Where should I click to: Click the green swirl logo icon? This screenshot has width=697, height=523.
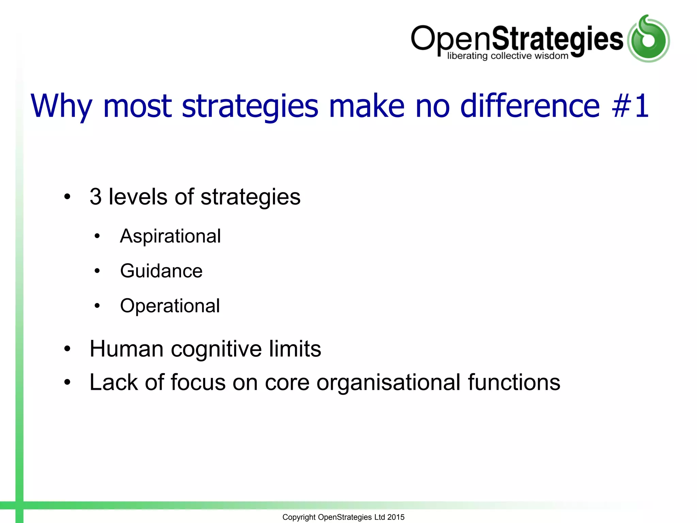pos(648,39)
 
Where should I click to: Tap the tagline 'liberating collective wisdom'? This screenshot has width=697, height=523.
pos(507,56)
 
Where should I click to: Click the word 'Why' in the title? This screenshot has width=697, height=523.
pos(61,107)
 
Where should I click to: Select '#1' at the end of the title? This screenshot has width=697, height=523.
pos(630,106)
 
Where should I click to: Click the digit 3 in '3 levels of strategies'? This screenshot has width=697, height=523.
pos(96,197)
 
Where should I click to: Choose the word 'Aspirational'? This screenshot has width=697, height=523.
pos(171,236)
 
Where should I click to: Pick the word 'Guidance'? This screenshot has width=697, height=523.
pos(161,271)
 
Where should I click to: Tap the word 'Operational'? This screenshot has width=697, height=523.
pos(170,306)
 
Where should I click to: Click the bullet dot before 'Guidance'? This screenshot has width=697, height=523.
pos(97,271)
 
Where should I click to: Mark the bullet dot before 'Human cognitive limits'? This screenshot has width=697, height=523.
pos(67,349)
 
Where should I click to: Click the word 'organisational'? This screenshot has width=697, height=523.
pos(388,382)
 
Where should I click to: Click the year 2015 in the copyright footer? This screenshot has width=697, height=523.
pos(396,517)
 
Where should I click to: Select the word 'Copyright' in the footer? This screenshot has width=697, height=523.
pos(299,517)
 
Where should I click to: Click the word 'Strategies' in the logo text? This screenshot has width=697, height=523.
pos(557,39)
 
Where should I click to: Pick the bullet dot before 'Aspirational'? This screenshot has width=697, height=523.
pos(97,236)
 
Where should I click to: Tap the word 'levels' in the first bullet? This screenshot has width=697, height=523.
pos(138,197)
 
